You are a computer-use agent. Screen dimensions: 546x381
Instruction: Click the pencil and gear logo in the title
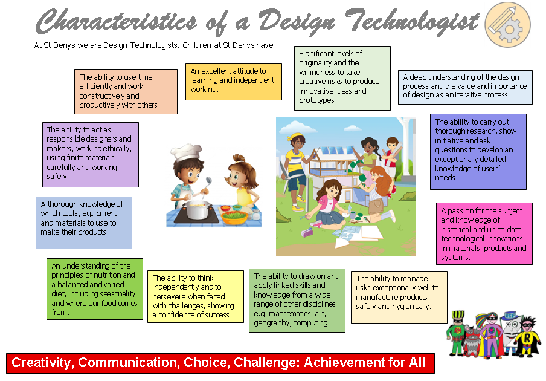point(508,25)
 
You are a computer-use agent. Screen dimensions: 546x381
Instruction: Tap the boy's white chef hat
point(186,153)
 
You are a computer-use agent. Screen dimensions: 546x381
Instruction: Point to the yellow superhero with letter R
point(527,337)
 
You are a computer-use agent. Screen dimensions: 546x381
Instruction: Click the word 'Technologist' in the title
point(413,21)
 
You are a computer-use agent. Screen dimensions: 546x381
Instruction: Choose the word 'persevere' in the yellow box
point(168,297)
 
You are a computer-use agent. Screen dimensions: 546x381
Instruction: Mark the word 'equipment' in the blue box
point(100,213)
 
